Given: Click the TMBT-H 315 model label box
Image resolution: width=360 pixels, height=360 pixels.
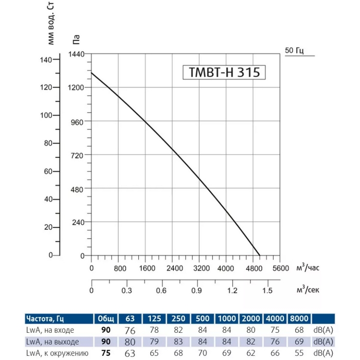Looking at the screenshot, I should tap(224, 73).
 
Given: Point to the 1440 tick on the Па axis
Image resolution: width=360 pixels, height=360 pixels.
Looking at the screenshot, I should tap(77, 54).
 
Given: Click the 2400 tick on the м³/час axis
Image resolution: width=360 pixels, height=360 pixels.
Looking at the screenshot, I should tap(174, 268).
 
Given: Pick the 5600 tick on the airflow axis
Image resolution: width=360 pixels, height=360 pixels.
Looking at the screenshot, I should tap(281, 268).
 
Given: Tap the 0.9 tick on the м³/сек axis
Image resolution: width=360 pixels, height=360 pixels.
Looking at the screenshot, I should tap(196, 291).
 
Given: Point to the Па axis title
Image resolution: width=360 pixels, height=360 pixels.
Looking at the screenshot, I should tap(76, 39).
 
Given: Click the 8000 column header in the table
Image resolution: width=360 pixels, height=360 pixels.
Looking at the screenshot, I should tap(299, 319).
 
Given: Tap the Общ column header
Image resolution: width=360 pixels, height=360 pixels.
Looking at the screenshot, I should tap(106, 319).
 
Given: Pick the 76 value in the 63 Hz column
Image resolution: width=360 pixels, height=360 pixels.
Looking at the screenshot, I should tap(131, 330).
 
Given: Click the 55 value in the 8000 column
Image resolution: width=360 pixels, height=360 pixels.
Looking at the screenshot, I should tap(299, 353).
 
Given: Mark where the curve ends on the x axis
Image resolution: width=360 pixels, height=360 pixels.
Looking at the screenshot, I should tap(260, 255).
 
